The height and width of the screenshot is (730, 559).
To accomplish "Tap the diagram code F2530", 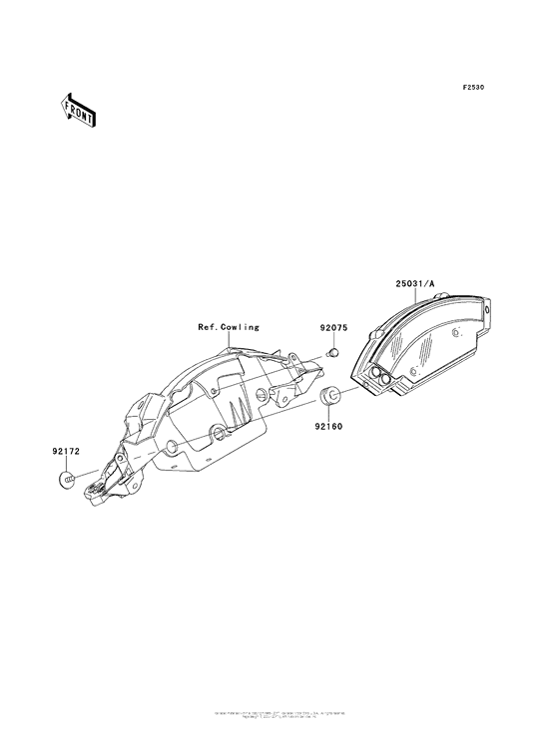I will click(x=472, y=88).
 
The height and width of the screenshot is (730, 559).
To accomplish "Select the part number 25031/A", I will click(x=415, y=284).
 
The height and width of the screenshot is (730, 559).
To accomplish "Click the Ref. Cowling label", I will click(x=228, y=326).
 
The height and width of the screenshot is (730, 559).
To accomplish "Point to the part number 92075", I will click(x=335, y=327).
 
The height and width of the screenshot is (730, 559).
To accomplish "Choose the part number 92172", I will click(x=66, y=451).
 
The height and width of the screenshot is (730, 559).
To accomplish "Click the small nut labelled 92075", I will click(x=335, y=352).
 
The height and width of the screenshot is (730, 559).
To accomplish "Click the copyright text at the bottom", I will click(x=279, y=714).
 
